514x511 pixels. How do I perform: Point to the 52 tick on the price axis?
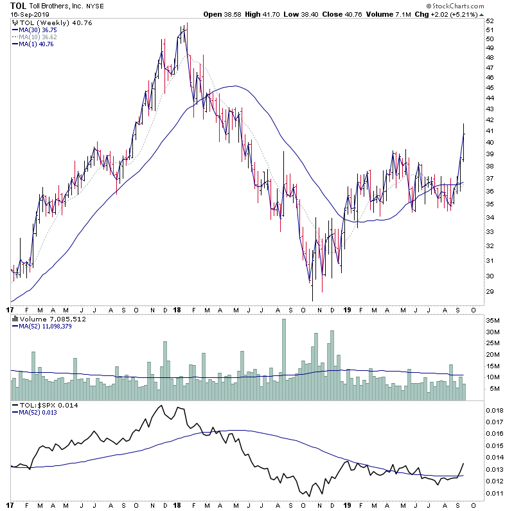coord(489,21)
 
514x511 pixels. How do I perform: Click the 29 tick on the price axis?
coord(489,292)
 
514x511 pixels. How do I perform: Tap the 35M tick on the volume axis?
coord(493,319)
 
